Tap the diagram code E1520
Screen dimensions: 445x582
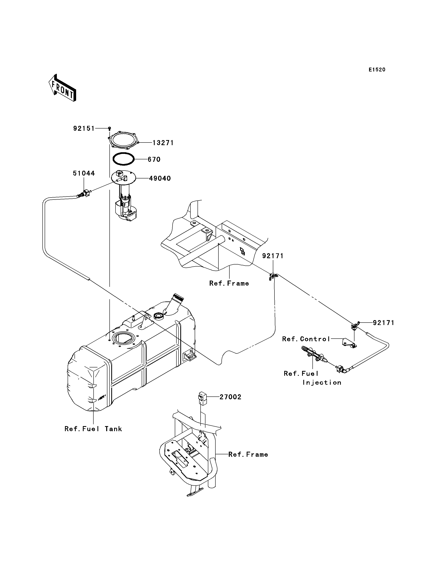pos(377,70)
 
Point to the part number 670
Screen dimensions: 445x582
pos(154,160)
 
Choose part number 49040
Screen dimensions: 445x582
pos(160,178)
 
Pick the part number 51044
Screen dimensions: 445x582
pos(84,173)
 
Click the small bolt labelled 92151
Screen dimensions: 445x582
pos(109,129)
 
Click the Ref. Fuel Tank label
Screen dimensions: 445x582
pos(93,429)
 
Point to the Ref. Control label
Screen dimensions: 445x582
pos(306,339)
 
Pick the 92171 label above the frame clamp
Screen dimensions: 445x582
pos(273,256)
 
